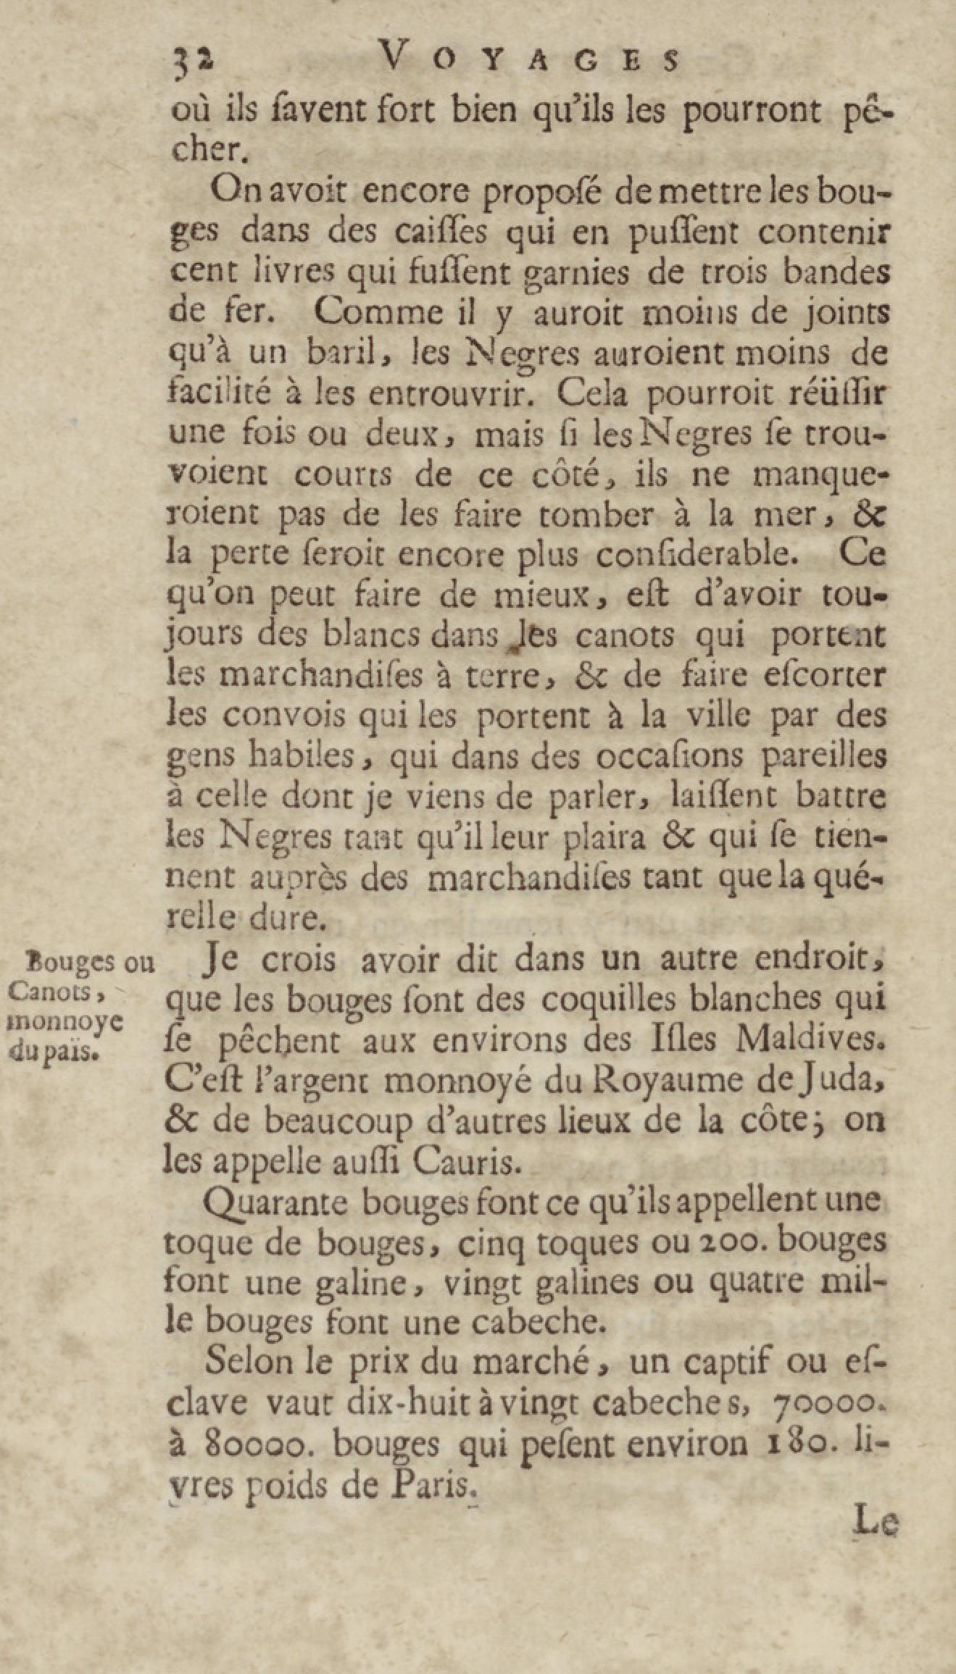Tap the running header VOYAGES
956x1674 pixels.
coord(530,60)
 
